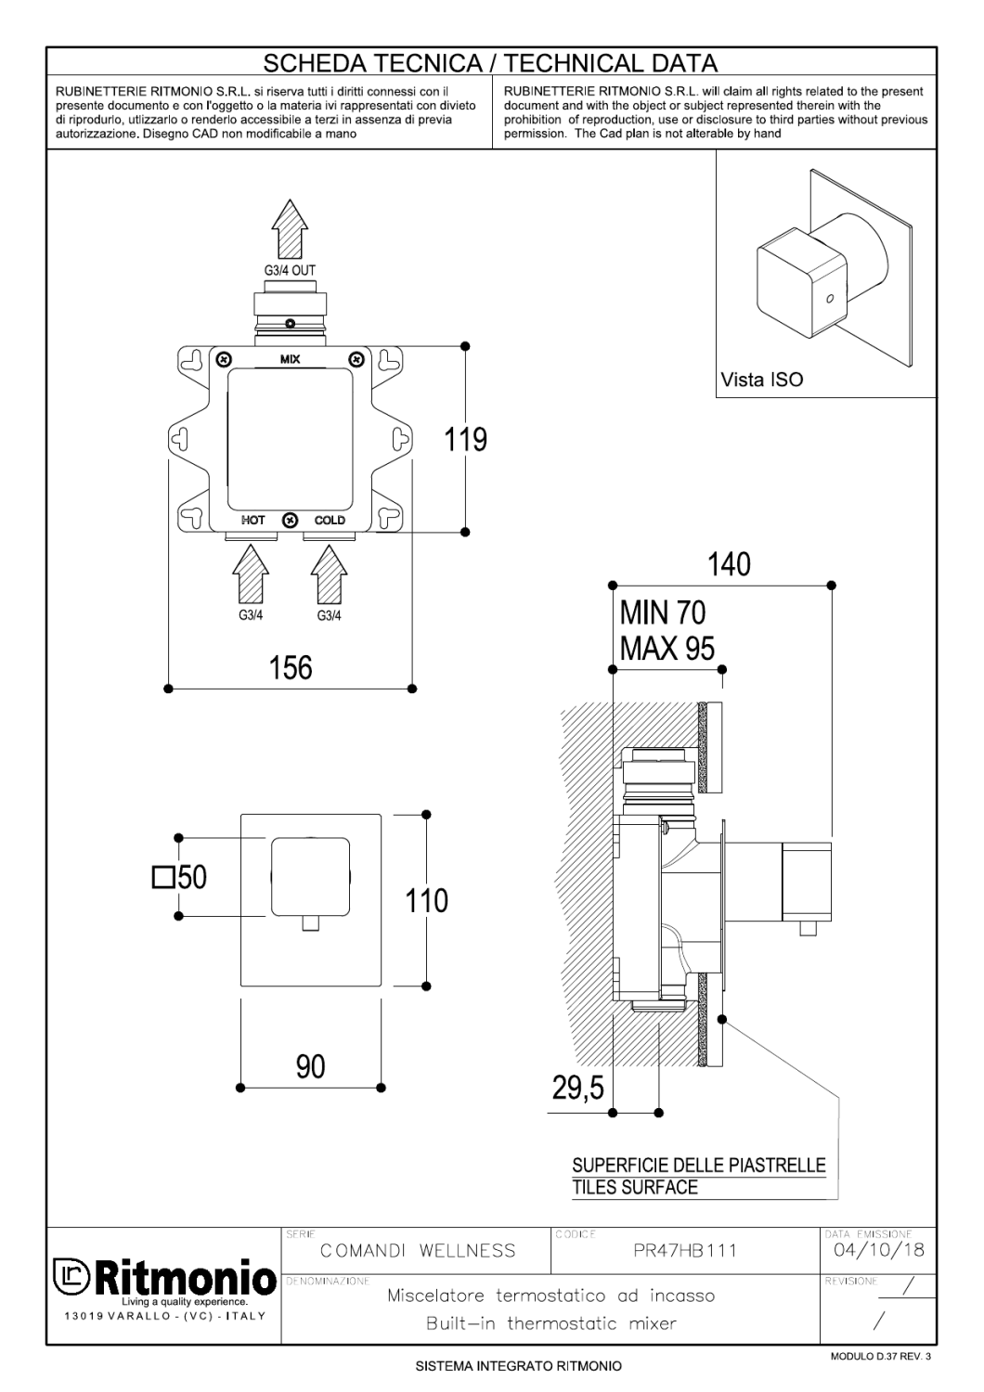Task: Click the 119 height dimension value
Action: [466, 440]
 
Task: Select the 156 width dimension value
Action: [291, 668]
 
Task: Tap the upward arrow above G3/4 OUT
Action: [290, 228]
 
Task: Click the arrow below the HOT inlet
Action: [251, 574]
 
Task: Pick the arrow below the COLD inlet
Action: [329, 574]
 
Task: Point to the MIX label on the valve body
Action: [291, 359]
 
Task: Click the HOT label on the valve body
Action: [253, 520]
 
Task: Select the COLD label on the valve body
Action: [330, 520]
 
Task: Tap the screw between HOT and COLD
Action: [291, 520]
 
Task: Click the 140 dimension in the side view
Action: [729, 564]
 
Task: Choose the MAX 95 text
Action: [667, 649]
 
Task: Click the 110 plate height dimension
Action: [426, 900]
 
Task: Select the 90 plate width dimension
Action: [311, 1066]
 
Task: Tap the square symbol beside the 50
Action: [162, 878]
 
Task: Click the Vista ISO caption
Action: [761, 379]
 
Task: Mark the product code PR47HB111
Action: [685, 1250]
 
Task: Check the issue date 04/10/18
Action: [879, 1250]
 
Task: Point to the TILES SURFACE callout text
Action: [635, 1188]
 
